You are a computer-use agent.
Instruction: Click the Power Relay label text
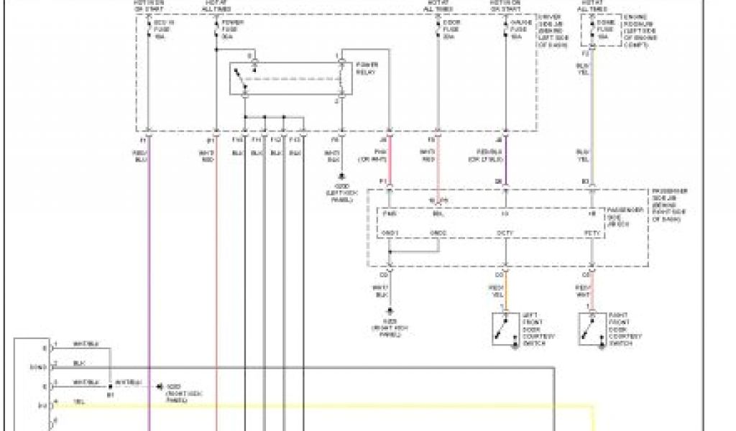click(x=367, y=69)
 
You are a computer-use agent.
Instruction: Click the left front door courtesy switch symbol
click(x=506, y=328)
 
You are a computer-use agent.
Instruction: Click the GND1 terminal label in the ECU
click(x=390, y=233)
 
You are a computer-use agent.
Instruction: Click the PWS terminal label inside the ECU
click(x=390, y=213)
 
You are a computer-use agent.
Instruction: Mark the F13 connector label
click(x=295, y=140)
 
